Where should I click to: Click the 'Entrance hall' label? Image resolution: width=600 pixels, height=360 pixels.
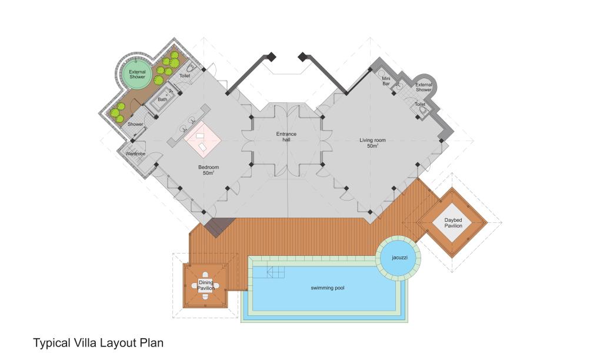(286, 136)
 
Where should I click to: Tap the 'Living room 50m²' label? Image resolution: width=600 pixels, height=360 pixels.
(372, 143)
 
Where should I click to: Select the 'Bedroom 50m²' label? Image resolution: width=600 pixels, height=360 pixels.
(209, 170)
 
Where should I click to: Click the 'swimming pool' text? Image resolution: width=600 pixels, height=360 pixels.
(327, 288)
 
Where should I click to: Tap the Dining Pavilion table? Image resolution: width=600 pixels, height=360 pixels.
(205, 285)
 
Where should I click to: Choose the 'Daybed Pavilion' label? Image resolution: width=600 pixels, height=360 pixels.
(453, 223)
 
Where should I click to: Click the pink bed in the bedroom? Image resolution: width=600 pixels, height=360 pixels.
(202, 139)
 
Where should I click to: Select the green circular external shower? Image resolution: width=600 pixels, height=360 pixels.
(137, 74)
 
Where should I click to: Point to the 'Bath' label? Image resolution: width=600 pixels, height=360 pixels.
(162, 99)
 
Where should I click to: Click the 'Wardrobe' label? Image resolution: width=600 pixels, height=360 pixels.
(135, 154)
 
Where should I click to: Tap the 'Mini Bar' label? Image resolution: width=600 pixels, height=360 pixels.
(386, 81)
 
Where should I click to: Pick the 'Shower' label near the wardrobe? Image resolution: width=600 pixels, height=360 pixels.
(135, 124)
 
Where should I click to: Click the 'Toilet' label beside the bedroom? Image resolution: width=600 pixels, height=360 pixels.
(185, 76)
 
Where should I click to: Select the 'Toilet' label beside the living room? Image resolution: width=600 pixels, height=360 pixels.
(420, 104)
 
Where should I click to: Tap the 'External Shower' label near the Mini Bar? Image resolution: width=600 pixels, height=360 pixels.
(424, 87)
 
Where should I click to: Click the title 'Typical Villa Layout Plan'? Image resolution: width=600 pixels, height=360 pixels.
(98, 343)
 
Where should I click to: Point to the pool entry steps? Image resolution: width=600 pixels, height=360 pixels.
(276, 272)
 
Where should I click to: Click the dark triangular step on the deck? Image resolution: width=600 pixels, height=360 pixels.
(219, 226)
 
